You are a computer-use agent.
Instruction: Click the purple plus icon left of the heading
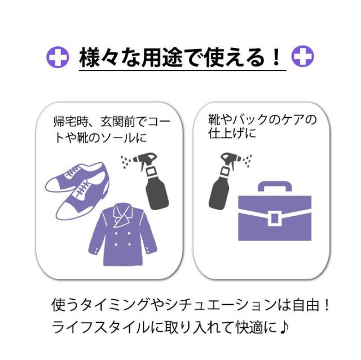pyautogui.click(x=58, y=57)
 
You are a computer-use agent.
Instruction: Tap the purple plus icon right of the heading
pyautogui.click(x=303, y=56)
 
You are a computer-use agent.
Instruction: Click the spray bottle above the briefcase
pyautogui.click(x=222, y=181)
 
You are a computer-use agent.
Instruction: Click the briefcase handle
pyautogui.click(x=275, y=186)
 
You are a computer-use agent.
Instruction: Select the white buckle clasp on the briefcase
pyautogui.click(x=275, y=219)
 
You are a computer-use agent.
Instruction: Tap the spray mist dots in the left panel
pyautogui.click(x=126, y=161)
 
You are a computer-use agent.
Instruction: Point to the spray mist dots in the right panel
pyautogui.click(x=247, y=161)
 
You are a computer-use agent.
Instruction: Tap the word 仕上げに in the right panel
pyautogui.click(x=232, y=133)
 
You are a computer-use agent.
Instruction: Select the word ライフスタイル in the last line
pyautogui.click(x=102, y=327)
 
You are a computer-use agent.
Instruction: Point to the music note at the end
pyautogui.click(x=284, y=327)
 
